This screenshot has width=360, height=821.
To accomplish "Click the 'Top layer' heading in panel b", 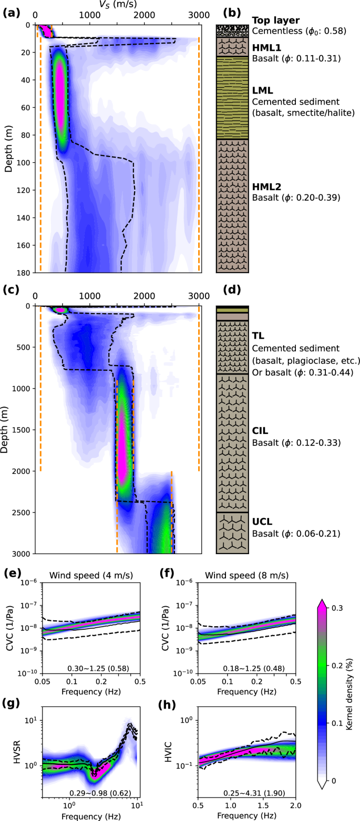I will click(x=276, y=20).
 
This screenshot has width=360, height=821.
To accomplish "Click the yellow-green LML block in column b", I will click(x=232, y=97).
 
